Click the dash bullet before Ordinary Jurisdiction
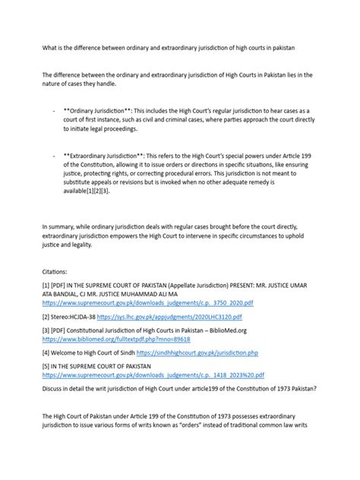point(55,111)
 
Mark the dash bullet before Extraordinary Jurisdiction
point(55,155)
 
